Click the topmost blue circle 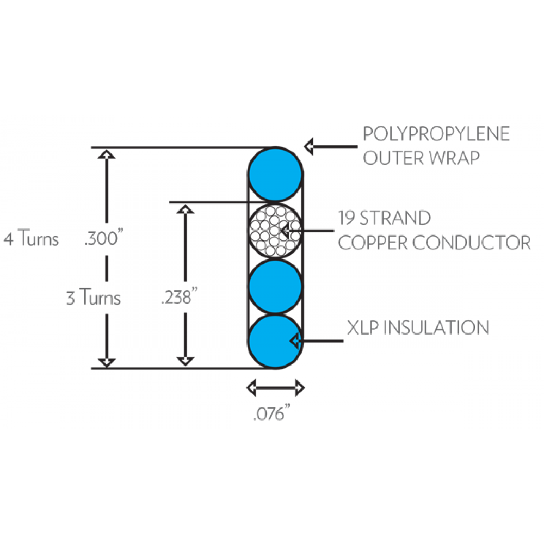tap(275, 175)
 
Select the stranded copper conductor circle tap(275, 231)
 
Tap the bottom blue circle tap(275, 341)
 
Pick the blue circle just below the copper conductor tap(275, 286)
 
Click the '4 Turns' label tap(31, 239)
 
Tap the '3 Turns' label tap(93, 298)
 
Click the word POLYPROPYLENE tap(436, 134)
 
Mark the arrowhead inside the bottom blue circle tap(296, 341)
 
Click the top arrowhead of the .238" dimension tap(186, 209)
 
